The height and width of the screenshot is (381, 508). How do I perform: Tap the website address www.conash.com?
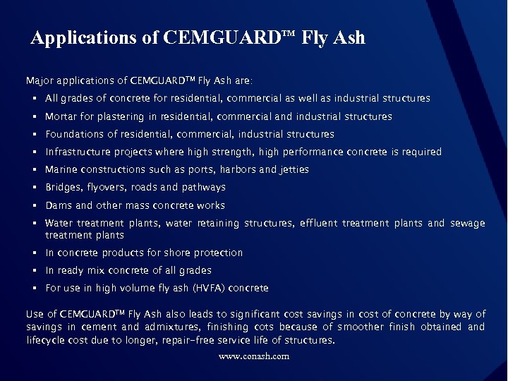(254, 356)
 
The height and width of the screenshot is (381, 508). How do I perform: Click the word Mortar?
(60, 116)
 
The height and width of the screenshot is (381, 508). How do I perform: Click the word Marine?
(60, 169)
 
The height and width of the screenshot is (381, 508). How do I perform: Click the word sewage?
(468, 223)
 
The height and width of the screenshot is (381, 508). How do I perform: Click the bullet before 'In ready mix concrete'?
(34, 271)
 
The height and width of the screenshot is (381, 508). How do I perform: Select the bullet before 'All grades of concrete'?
(34, 99)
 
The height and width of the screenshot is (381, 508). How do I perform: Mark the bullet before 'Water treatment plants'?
(34, 224)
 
